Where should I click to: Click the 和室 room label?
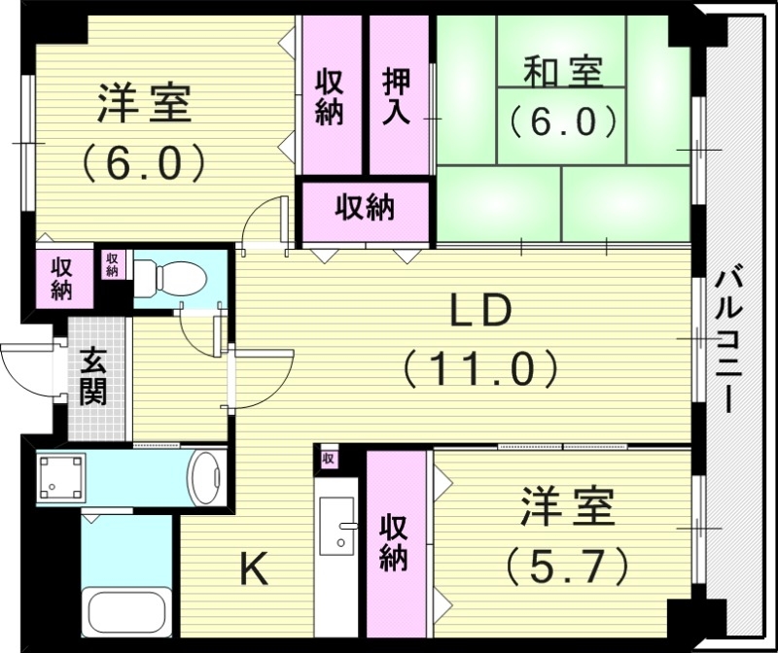point(563,71)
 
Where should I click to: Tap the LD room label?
point(479,312)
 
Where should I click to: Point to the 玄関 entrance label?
point(94,377)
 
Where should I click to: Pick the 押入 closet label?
point(397,95)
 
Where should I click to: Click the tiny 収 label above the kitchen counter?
point(328,458)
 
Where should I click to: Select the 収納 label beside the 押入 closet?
point(331,95)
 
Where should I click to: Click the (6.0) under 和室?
point(563,121)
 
